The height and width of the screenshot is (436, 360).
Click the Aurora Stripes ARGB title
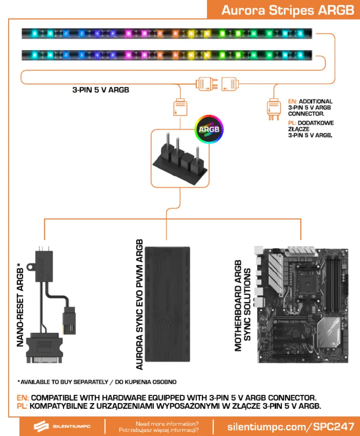pos(287,10)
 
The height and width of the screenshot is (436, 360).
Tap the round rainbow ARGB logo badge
pos(209,129)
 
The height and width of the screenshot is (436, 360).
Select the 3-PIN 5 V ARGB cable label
pos(101,90)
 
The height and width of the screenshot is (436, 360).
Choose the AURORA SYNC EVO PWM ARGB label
pos(139,304)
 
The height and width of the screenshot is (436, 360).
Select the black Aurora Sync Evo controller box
pos(168,304)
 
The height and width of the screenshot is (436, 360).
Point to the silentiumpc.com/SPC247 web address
pos(290,426)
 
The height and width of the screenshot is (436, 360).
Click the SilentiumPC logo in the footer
pos(61,426)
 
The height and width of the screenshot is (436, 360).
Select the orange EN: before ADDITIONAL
pos(293,102)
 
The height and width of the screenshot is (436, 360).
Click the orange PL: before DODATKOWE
pos(292,123)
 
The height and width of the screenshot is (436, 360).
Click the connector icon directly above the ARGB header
pos(179,107)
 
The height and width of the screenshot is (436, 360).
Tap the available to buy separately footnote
pos(97,382)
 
